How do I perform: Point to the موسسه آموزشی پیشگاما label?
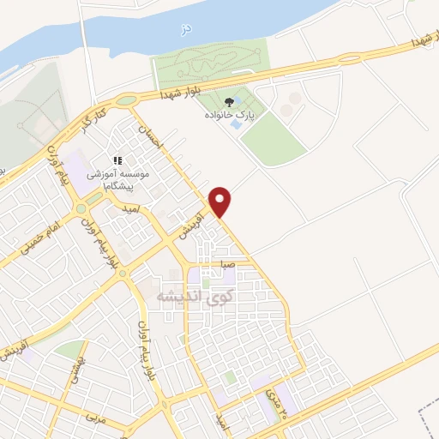pos(118,178)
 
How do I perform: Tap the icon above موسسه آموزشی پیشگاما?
pos(118,160)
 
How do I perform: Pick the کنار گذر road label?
pos(102,109)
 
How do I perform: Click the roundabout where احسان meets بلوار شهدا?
pos(127,102)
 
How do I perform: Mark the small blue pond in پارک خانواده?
pos(237,124)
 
